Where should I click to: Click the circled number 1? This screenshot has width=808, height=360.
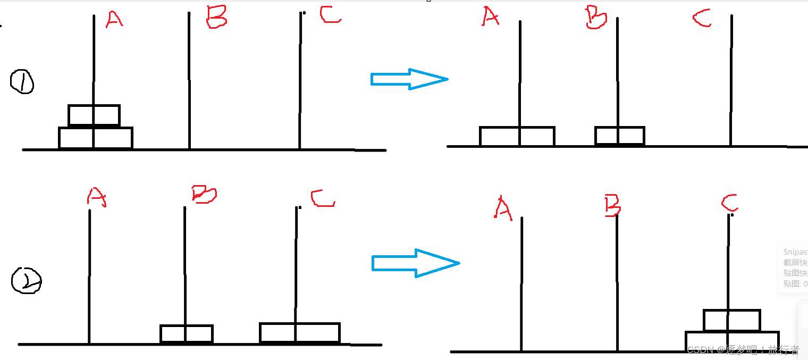point(22,82)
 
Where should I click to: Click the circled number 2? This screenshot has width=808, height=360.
point(26,281)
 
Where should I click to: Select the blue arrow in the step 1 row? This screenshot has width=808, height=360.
point(409,79)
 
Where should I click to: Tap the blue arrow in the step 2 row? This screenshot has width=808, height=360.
point(415,263)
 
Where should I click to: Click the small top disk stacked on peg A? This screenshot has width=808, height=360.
point(94,115)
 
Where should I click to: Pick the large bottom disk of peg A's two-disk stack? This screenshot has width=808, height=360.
point(95,138)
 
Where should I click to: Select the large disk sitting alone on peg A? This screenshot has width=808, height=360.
point(517,136)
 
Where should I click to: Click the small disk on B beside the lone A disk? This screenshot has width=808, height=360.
point(619,136)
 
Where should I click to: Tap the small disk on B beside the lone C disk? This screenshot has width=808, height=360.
point(186,334)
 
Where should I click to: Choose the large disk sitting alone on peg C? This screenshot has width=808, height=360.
point(299,332)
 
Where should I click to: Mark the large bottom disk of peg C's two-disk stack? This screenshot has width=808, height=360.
point(732,341)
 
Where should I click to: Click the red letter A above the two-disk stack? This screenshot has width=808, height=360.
point(114,19)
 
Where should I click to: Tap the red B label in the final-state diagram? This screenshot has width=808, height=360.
point(612,206)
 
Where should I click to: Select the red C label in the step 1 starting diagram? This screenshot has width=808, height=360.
point(330,15)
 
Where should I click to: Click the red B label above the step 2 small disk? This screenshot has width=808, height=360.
point(204,195)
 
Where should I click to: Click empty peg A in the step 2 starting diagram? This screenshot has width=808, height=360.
point(89,277)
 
